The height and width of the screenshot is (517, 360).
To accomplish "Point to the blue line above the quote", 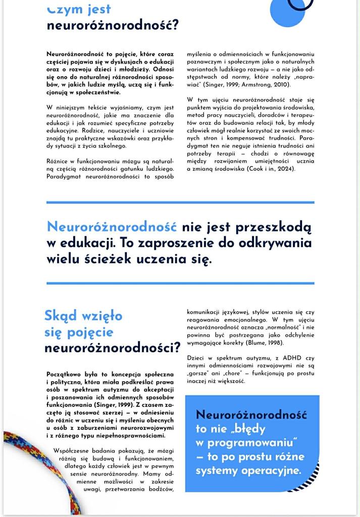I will [x=180, y=202].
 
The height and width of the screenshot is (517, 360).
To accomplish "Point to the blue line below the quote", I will [x=180, y=283].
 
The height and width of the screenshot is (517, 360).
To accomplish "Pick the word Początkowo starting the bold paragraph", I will [x=67, y=374].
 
